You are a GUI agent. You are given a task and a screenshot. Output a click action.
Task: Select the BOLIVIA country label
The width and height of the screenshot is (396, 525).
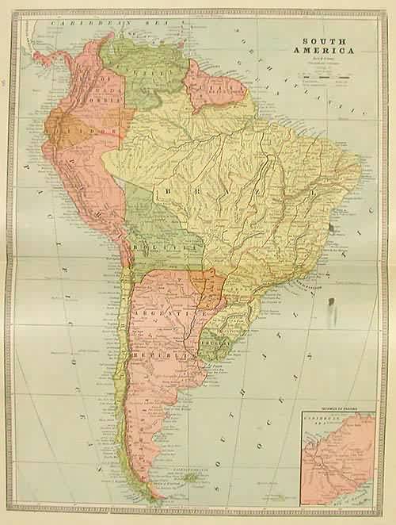pyautogui.click(x=166, y=248)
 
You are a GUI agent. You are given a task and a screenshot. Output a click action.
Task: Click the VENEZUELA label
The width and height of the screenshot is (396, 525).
pyautogui.click(x=147, y=71)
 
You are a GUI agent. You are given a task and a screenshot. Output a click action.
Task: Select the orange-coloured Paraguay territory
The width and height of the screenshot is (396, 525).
pyautogui.click(x=208, y=287)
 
